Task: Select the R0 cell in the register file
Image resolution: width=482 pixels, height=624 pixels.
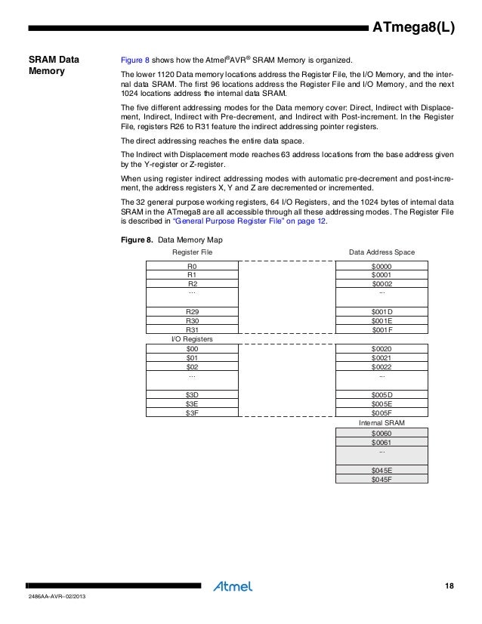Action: [x=192, y=267]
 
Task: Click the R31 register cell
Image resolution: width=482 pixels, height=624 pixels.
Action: [x=192, y=329]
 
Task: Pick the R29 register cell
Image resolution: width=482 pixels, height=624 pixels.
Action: [x=192, y=311]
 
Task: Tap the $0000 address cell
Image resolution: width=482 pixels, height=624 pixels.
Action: [x=382, y=267]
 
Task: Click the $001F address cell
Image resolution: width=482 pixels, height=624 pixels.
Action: [x=382, y=329]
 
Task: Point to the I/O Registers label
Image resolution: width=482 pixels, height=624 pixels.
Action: [x=192, y=339]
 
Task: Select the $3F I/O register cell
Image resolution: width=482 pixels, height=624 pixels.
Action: [x=192, y=412]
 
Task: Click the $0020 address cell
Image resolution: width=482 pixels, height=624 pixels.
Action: [x=382, y=349]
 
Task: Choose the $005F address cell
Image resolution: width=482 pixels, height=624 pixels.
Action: [x=382, y=412]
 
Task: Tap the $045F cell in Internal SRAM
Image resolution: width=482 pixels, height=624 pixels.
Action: [x=382, y=478]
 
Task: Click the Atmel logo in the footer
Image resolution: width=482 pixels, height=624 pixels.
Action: [x=233, y=585]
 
